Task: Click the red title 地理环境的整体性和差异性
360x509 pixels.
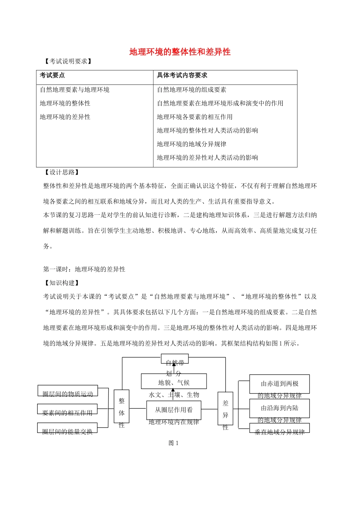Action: tap(180, 52)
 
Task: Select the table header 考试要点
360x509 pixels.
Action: tap(52, 75)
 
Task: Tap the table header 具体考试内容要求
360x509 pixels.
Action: tap(182, 75)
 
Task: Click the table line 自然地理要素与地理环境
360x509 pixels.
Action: tap(75, 90)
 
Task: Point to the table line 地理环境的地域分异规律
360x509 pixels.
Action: tap(191, 144)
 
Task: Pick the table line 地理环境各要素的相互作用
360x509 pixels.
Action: tap(194, 117)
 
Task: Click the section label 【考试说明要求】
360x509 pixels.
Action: tap(68, 61)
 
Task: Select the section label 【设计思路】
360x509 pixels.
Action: tap(62, 172)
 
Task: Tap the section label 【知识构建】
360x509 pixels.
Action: tap(62, 283)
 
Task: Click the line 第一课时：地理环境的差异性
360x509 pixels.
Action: tap(84, 269)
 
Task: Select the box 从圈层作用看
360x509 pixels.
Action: tap(174, 410)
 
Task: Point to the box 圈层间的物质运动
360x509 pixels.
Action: tap(68, 392)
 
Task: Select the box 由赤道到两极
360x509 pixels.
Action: tap(280, 384)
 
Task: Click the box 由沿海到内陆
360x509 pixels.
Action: tap(280, 408)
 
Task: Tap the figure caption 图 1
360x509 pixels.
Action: tap(174, 443)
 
